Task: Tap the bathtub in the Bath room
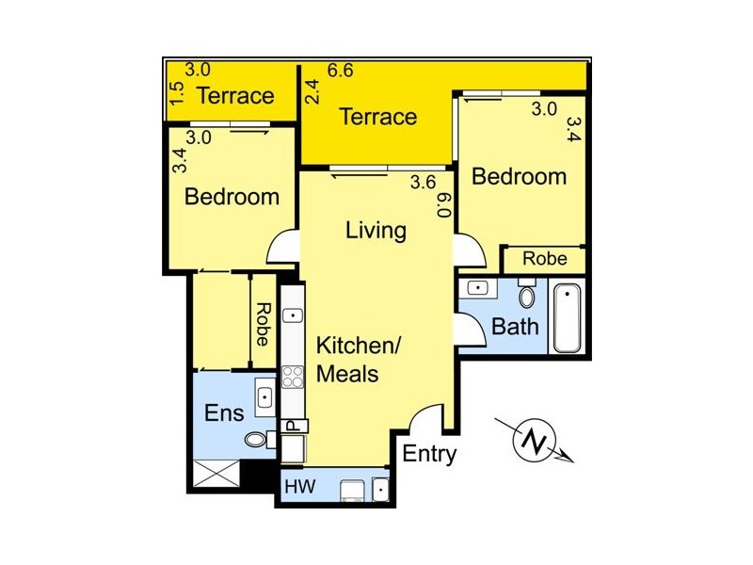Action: click(569, 317)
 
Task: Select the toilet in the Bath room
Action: click(527, 298)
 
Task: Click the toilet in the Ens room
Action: click(256, 439)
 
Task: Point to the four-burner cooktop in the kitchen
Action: click(293, 377)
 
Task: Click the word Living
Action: click(376, 230)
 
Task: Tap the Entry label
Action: click(429, 454)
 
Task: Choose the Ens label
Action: click(225, 412)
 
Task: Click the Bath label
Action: click(516, 327)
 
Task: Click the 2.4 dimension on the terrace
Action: click(312, 91)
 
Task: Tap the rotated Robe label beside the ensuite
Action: click(264, 322)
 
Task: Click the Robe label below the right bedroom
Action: click(545, 258)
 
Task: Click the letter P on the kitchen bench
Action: click(292, 427)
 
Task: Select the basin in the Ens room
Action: click(264, 396)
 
